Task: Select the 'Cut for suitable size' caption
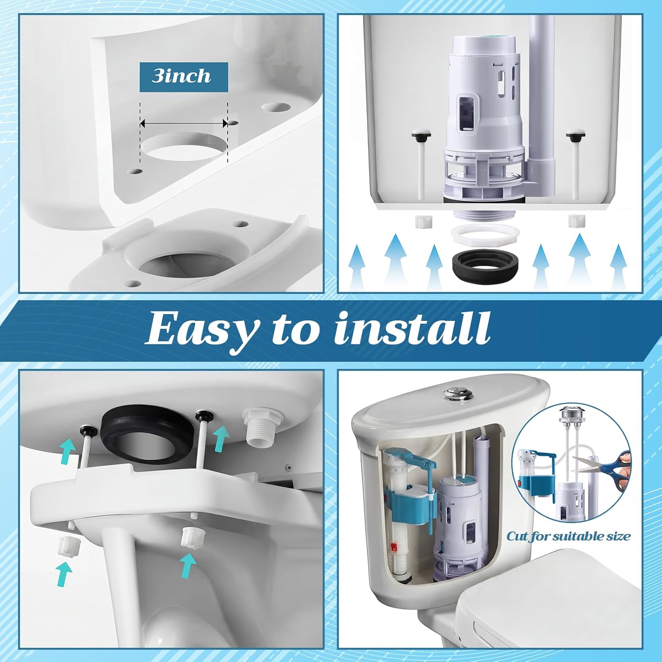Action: [568, 537]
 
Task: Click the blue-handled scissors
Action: [607, 470]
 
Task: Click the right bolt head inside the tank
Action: [574, 135]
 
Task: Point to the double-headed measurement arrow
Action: [184, 124]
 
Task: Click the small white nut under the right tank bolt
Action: [574, 220]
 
